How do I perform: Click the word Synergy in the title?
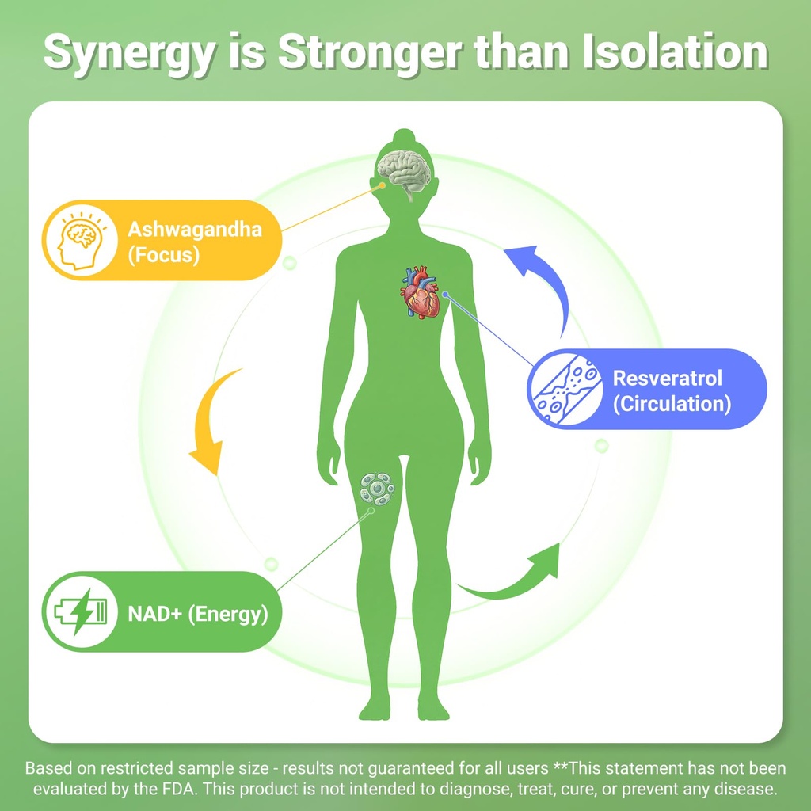pyautogui.click(x=128, y=53)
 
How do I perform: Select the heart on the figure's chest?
pyautogui.click(x=420, y=292)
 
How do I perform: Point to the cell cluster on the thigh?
pyautogui.click(x=377, y=489)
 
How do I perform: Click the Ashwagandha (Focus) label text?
pyautogui.click(x=195, y=242)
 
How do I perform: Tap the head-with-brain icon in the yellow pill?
pyautogui.click(x=82, y=241)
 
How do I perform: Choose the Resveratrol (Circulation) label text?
pyautogui.click(x=672, y=390)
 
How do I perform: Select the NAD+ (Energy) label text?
pyautogui.click(x=198, y=614)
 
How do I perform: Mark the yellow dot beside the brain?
pyautogui.click(x=382, y=185)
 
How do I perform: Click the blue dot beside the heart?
pyautogui.click(x=444, y=295)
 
